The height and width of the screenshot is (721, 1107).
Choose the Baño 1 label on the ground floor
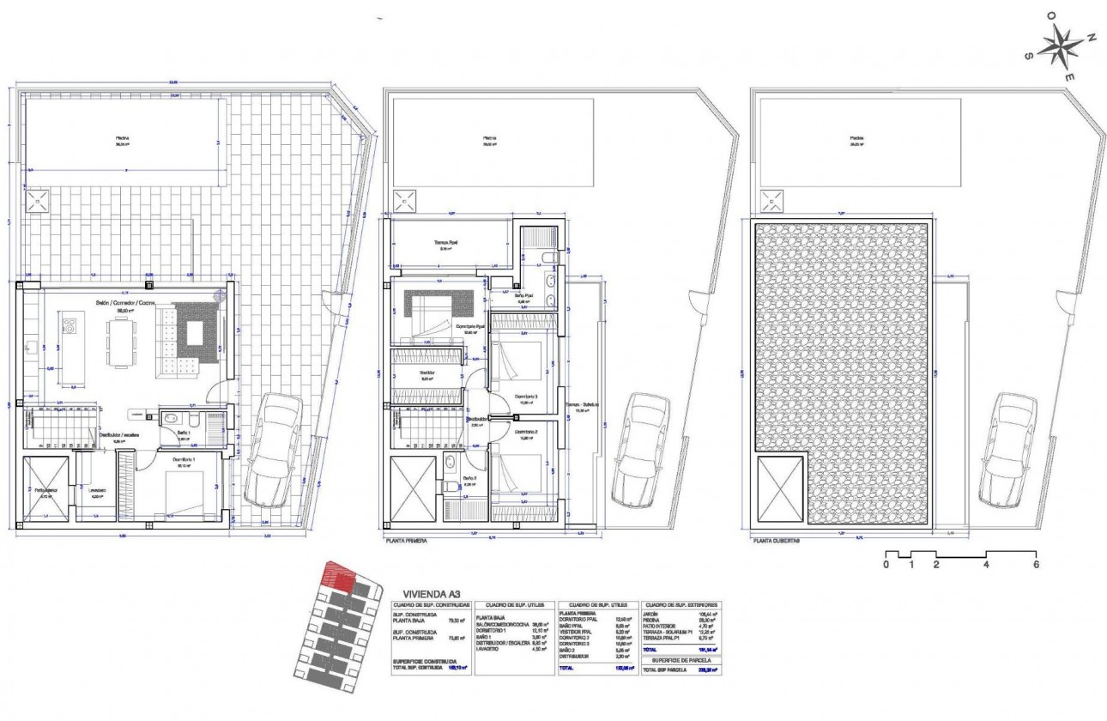(x=184, y=433)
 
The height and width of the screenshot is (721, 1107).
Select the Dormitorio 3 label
(x=525, y=396)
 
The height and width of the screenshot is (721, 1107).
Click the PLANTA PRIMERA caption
(x=407, y=542)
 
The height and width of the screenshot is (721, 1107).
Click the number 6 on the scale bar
(x=1037, y=565)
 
